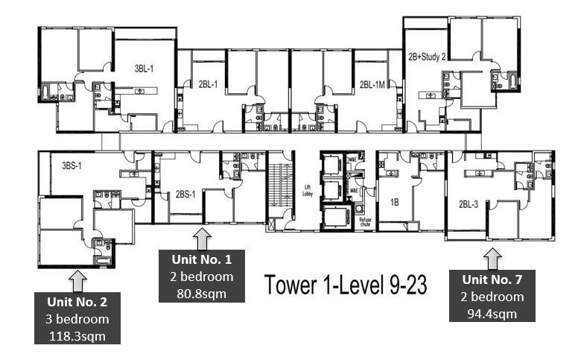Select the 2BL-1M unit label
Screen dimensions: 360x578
(372, 84)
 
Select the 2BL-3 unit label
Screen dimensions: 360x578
(469, 203)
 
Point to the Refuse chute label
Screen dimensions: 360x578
(365, 221)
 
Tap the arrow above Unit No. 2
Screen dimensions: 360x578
(77, 280)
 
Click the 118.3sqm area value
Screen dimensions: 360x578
(78, 336)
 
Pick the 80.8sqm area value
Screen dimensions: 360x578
(203, 293)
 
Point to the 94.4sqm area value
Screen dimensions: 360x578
(493, 312)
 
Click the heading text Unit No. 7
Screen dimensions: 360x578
(493, 280)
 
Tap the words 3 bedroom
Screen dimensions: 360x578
(78, 319)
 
